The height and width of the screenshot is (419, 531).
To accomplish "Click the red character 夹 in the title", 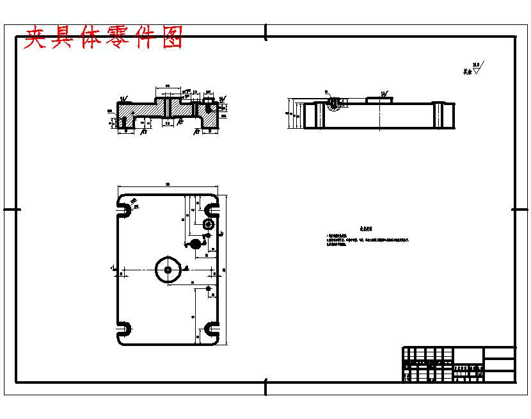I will point(38,38).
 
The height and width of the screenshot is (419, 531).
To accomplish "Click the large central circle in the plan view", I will point(168,270).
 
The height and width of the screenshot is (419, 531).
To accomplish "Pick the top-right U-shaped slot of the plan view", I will point(210,209).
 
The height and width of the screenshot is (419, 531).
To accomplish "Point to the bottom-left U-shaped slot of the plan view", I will point(124,329).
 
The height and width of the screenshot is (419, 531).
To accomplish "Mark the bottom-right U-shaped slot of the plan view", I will point(210,329).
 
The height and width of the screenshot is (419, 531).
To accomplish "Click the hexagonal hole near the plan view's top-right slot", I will point(208,224).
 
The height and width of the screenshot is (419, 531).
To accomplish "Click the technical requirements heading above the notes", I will point(365,228).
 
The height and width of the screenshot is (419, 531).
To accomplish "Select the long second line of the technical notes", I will point(367,240).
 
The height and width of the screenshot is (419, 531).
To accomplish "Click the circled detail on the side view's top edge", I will point(333,103).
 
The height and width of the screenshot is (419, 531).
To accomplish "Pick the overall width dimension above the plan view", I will point(168,186).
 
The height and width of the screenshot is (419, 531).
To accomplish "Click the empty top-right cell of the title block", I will point(499,353).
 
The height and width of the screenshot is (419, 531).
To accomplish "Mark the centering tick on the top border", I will point(265,32).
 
